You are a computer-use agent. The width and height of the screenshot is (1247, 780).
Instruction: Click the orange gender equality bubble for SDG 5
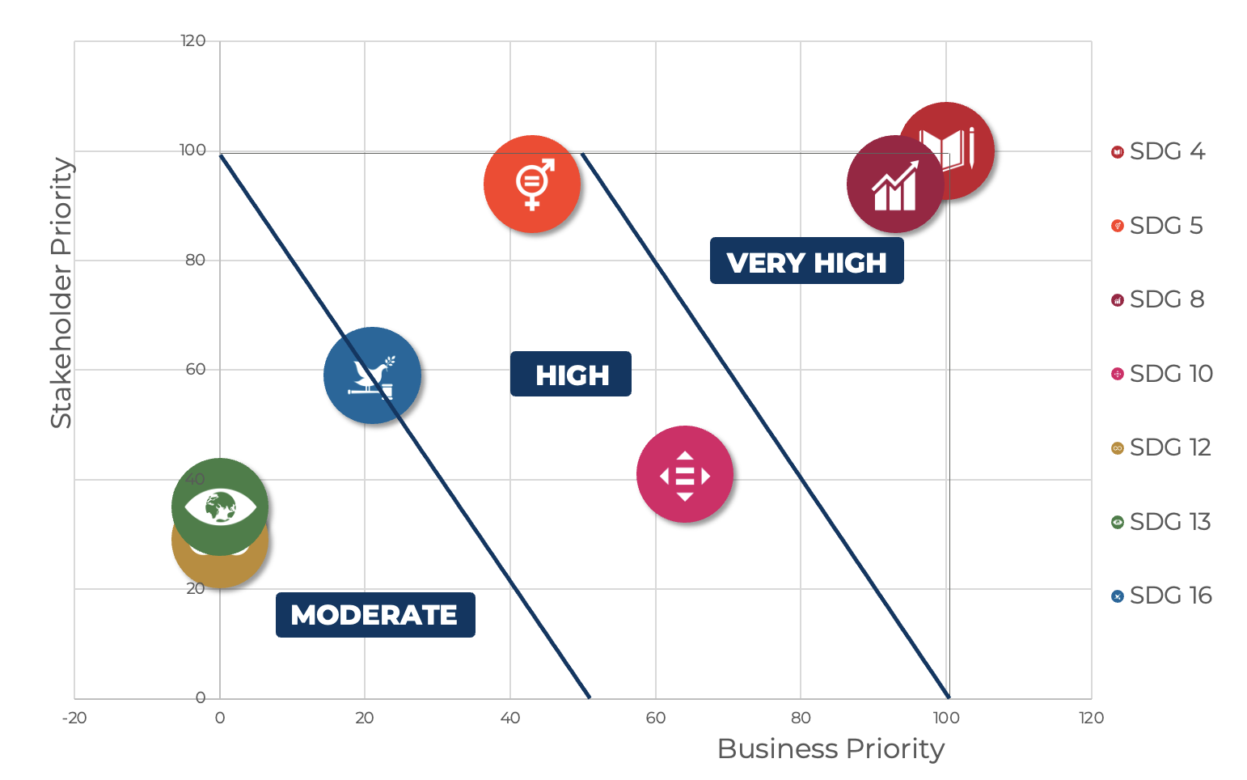(x=532, y=184)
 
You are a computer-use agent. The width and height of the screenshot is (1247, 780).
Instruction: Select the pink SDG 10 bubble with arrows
(x=685, y=475)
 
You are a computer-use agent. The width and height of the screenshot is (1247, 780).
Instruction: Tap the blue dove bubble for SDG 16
(x=372, y=375)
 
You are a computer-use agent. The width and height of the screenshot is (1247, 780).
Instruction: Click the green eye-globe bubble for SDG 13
(x=220, y=507)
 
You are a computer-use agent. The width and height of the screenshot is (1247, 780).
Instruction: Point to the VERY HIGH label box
(x=806, y=261)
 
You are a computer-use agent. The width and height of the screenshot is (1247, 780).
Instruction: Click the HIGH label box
(x=571, y=375)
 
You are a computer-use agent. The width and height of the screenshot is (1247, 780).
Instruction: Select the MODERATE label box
(x=375, y=615)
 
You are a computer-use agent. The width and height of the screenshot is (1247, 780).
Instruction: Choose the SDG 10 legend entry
(x=1162, y=374)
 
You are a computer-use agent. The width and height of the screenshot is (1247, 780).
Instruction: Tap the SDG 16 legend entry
(x=1162, y=596)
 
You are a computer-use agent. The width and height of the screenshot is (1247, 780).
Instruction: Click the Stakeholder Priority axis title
(x=61, y=293)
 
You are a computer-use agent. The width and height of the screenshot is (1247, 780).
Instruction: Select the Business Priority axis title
(x=831, y=748)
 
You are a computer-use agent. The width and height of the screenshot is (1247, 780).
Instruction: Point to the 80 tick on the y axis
(x=195, y=260)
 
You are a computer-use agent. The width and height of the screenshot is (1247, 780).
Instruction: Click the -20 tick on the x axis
(x=74, y=718)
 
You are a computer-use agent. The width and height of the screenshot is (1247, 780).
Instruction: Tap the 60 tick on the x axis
(x=655, y=718)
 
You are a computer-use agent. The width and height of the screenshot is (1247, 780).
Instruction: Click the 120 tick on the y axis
(x=193, y=40)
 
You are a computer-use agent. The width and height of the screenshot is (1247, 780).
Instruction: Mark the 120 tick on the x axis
(x=1091, y=718)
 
